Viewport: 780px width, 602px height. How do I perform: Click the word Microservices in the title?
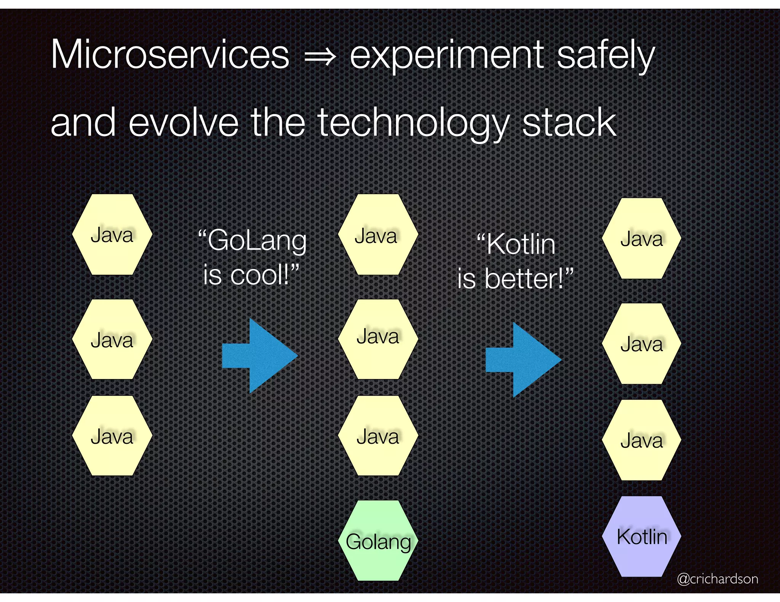point(170,55)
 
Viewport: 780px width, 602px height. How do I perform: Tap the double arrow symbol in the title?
point(320,57)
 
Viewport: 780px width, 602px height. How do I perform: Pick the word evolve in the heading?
point(184,123)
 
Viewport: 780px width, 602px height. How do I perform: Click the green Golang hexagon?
point(378,540)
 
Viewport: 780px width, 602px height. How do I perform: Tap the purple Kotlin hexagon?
point(642,536)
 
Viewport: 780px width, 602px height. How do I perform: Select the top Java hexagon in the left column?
point(112,235)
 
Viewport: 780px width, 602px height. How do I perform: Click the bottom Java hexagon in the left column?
point(112,436)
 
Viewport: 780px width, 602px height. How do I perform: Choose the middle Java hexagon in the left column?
point(112,339)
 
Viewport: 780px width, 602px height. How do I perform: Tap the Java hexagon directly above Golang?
point(378,436)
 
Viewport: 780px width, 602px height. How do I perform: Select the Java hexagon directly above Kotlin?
point(642,440)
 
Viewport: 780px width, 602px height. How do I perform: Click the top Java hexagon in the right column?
point(642,239)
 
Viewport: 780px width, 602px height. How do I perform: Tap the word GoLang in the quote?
point(257,241)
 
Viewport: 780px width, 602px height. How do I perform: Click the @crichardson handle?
point(717,579)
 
